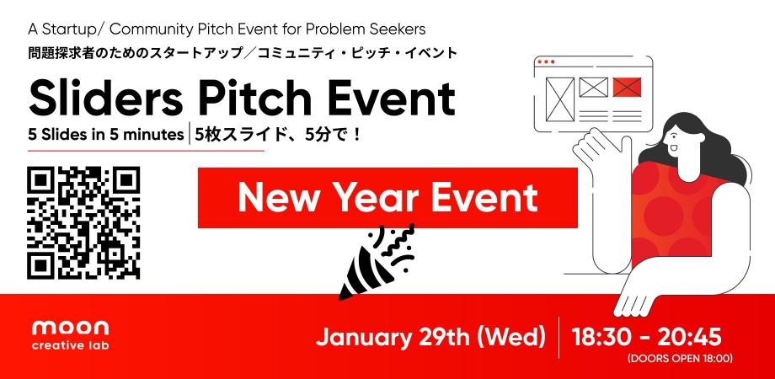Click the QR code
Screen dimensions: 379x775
click(83, 223)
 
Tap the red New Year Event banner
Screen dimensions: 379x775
click(387, 198)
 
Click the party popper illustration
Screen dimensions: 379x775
click(375, 261)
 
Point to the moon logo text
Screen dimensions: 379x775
click(70, 328)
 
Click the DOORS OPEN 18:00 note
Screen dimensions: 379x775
click(679, 359)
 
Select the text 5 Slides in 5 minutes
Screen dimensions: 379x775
click(105, 134)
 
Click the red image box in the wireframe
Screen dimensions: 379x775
click(626, 86)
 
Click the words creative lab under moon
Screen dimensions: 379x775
click(70, 345)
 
